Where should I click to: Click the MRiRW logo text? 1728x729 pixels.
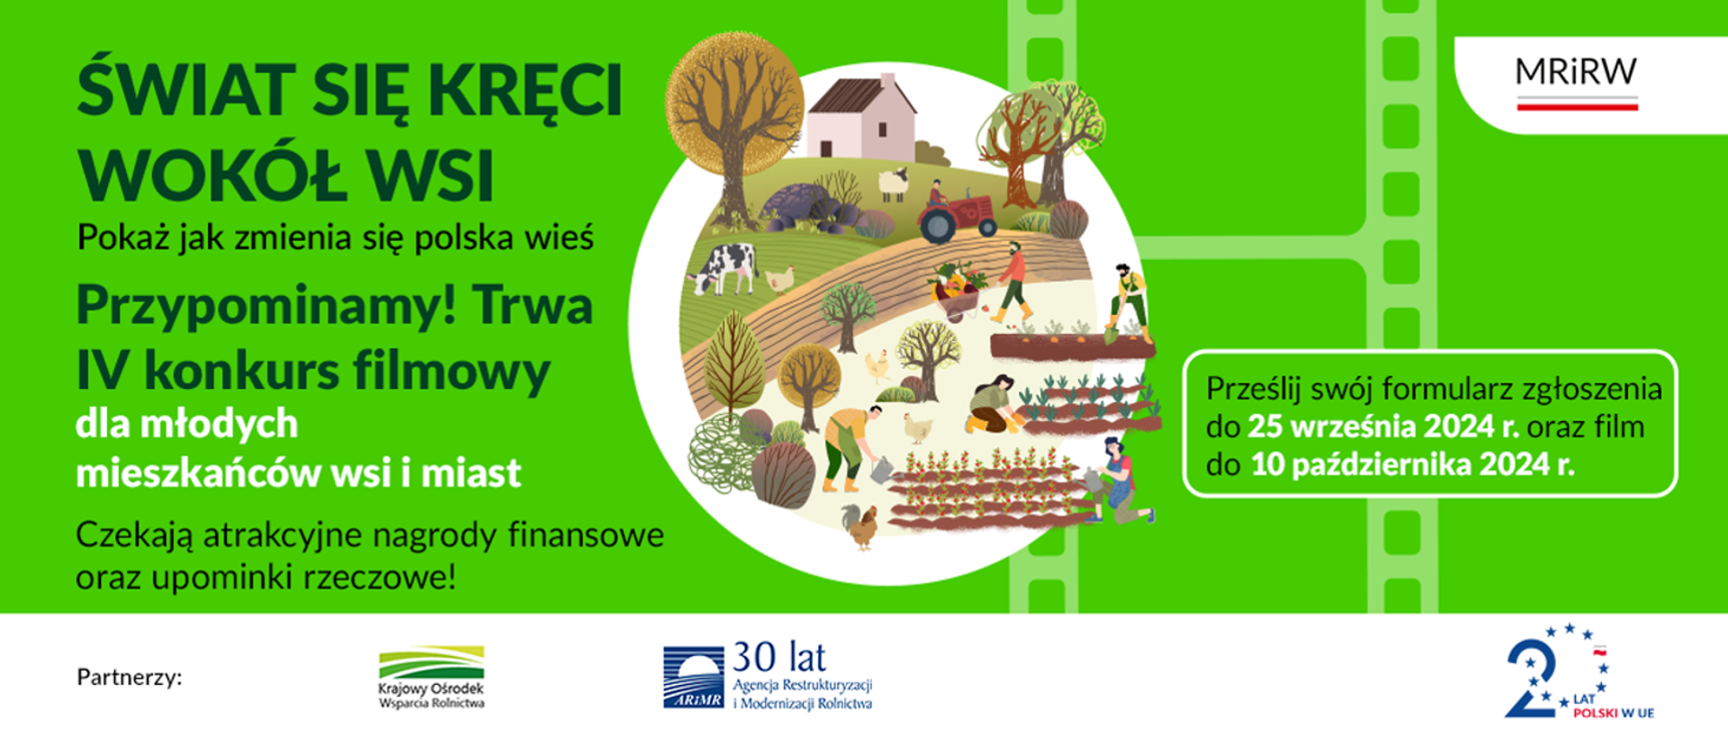click(1576, 73)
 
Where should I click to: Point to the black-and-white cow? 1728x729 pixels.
click(725, 267)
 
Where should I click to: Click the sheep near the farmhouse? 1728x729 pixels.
click(893, 184)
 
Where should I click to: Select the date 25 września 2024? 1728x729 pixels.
click(1381, 427)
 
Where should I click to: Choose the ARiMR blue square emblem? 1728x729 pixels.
click(693, 677)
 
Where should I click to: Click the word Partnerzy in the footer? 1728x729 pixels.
click(130, 677)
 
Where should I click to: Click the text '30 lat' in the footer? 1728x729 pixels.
click(779, 658)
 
